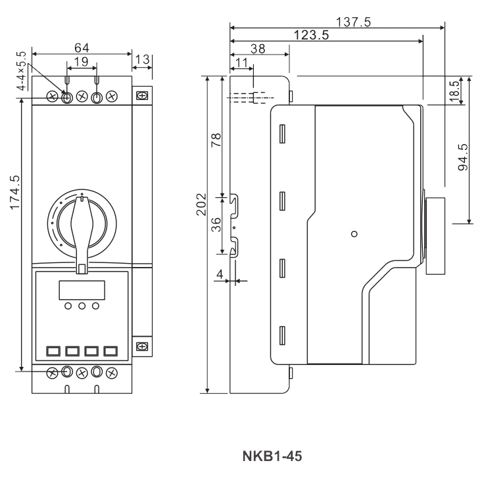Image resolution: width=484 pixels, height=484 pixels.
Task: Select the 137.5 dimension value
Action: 353,22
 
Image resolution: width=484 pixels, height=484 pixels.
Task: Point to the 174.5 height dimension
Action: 14,193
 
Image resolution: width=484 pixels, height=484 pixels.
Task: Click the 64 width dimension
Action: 82,47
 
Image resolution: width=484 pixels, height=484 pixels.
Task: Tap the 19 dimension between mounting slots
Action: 82,61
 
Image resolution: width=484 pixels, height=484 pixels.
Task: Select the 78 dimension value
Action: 216,140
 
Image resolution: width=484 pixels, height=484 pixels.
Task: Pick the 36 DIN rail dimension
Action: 216,224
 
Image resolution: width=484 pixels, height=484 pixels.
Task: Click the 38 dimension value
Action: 258,48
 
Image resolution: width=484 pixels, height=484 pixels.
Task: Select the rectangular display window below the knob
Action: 82,290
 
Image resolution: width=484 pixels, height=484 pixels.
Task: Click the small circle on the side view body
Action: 354,233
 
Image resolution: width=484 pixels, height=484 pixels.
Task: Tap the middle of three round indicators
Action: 82,306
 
